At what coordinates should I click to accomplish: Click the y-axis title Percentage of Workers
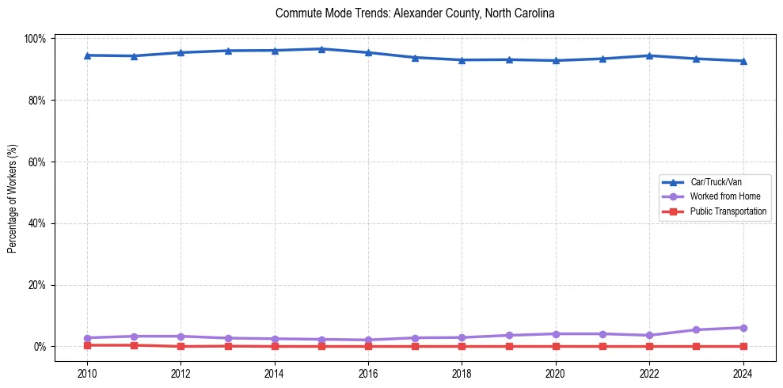point(13,192)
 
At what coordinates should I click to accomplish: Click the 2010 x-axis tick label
point(87,374)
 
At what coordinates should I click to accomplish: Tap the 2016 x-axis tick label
point(368,374)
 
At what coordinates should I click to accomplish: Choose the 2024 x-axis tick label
point(743,374)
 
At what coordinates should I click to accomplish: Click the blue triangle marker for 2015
point(321,49)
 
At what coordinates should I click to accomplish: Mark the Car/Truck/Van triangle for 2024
point(743,61)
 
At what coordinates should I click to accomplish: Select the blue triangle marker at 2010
point(87,55)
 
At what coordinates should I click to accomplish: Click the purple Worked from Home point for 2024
point(743,328)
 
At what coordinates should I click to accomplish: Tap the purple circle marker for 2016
point(368,340)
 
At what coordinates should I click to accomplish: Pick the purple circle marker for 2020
point(556,333)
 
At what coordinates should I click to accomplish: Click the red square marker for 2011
point(134,345)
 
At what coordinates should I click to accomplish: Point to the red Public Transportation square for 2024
point(743,346)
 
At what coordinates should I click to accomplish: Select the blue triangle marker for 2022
point(649,55)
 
